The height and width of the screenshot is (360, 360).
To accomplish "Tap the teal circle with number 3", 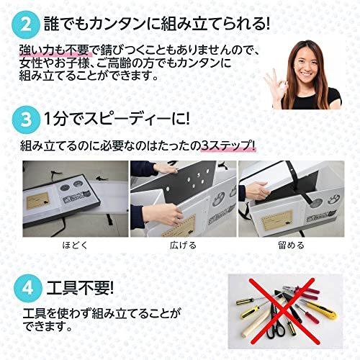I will pyautogui.click(x=27, y=117).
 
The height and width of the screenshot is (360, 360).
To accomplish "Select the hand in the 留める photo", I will pyautogui.click(x=248, y=193).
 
